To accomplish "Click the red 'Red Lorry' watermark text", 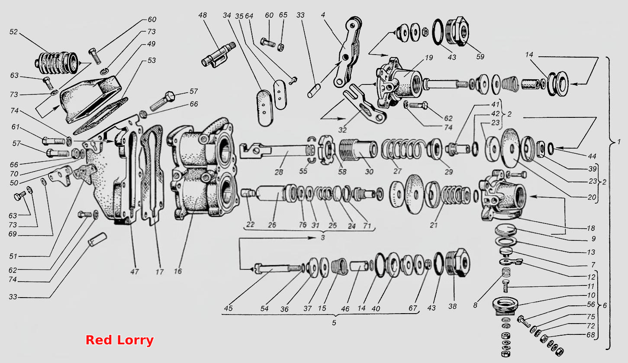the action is pyautogui.click(x=119, y=340).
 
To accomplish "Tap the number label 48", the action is pyautogui.click(x=203, y=15).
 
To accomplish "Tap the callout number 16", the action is pyautogui.click(x=178, y=271).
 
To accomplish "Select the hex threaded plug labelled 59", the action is pyautogui.click(x=457, y=32).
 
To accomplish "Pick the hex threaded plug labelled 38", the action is pyautogui.click(x=457, y=263).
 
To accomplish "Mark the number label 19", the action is pyautogui.click(x=429, y=58).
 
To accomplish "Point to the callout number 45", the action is pyautogui.click(x=228, y=308).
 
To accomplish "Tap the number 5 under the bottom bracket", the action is pyautogui.click(x=334, y=323).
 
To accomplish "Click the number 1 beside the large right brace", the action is pyautogui.click(x=619, y=142).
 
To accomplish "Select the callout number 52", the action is pyautogui.click(x=13, y=32).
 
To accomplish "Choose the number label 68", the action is pyautogui.click(x=590, y=335).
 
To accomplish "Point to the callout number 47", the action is pyautogui.click(x=135, y=272).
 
